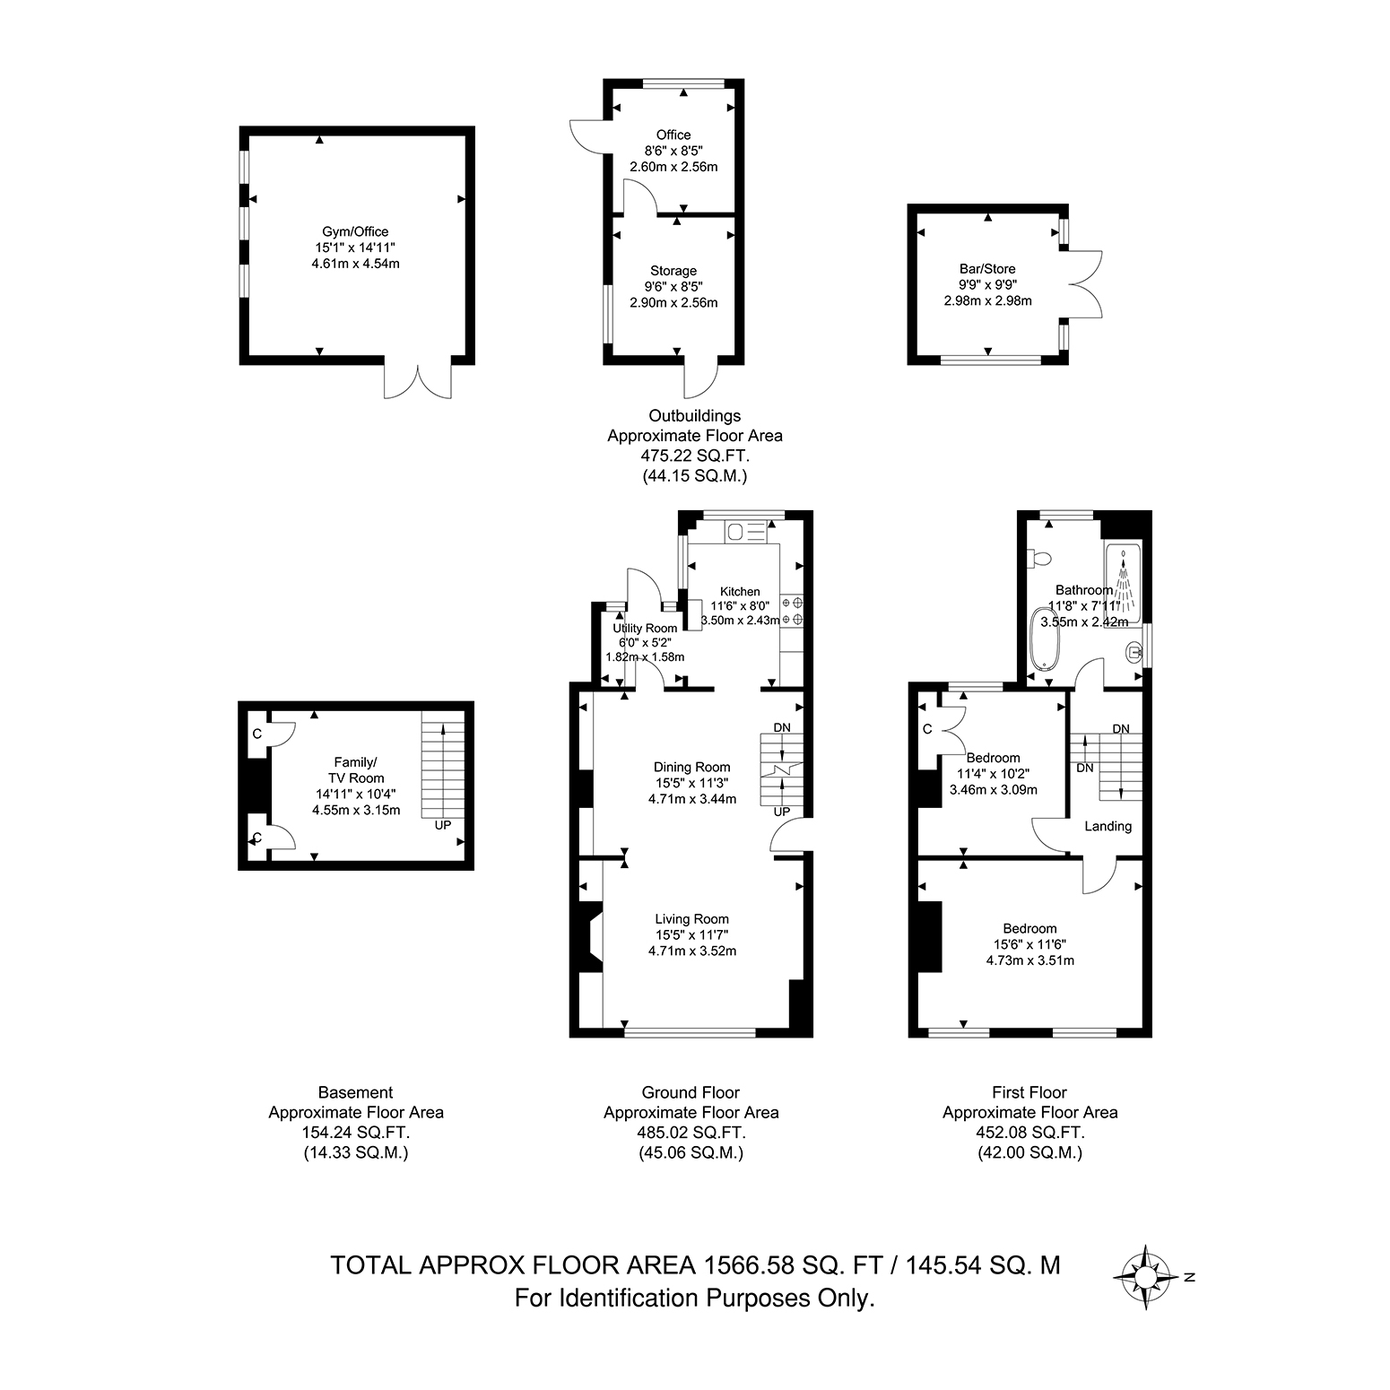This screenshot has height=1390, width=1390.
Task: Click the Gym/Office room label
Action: (355, 231)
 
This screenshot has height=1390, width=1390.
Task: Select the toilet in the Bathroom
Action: (1040, 559)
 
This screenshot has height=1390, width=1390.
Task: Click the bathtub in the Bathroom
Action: (1045, 638)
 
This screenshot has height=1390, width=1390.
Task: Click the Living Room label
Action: (691, 918)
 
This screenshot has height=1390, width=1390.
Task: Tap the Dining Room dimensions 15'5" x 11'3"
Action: (692, 783)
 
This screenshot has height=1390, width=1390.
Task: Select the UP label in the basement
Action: (443, 825)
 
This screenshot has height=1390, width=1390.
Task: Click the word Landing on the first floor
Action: (1108, 826)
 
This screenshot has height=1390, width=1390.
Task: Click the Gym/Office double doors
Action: (418, 381)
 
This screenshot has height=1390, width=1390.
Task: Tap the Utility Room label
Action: (645, 628)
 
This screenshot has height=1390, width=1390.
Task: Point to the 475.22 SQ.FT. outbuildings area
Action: (694, 456)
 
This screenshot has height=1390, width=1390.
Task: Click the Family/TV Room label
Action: (356, 770)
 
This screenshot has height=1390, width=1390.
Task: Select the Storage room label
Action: (673, 270)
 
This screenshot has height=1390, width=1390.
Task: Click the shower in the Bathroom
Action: (1123, 583)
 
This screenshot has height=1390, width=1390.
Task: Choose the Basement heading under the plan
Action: (356, 1092)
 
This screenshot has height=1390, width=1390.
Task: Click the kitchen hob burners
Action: (791, 611)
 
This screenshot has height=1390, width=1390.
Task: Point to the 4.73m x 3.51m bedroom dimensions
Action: (1029, 960)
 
